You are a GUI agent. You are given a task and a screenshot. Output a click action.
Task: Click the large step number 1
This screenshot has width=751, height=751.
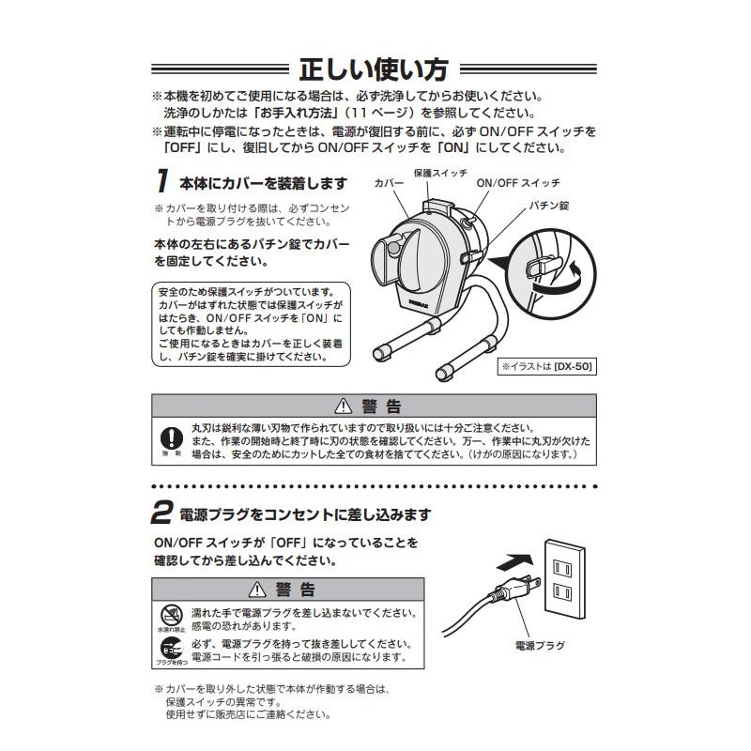(x=162, y=180)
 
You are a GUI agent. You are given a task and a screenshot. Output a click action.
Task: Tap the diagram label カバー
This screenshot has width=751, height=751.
(x=388, y=184)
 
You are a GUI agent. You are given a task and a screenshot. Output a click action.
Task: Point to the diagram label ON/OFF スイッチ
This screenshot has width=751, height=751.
(x=518, y=182)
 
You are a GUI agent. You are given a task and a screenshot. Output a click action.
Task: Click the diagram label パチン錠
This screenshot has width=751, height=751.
(x=549, y=204)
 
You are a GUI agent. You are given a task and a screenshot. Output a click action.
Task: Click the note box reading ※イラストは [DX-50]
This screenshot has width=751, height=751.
(x=548, y=367)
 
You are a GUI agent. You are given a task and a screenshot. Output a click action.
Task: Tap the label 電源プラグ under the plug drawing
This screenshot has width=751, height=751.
(x=540, y=646)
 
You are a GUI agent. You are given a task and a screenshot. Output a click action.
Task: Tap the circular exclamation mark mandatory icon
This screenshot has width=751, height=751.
(x=170, y=437)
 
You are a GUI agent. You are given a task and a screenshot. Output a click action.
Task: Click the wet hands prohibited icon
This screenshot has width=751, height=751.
(x=170, y=615)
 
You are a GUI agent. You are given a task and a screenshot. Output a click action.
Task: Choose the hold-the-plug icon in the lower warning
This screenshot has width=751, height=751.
(x=170, y=650)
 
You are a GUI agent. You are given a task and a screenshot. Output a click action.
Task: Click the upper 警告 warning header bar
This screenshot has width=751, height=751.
(x=374, y=406)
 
